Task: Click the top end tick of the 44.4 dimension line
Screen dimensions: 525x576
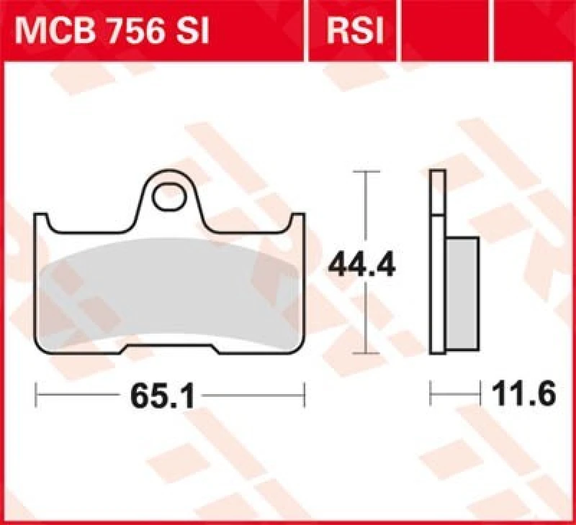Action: (368, 173)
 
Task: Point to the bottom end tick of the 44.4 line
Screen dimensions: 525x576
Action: (368, 354)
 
